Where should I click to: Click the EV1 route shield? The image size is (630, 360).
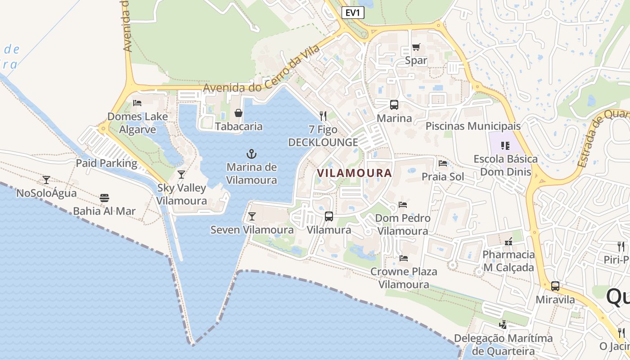[x=353, y=13]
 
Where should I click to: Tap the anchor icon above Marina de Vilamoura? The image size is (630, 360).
[x=252, y=154]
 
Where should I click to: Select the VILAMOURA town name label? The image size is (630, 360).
[x=355, y=173]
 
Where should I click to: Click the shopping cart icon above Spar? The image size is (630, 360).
[x=416, y=47]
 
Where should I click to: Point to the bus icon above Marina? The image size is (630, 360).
[x=394, y=105]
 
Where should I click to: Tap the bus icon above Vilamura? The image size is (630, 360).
[x=329, y=216]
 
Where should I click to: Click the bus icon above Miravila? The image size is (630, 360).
[x=555, y=286]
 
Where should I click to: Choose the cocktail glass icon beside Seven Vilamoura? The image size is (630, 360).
[x=252, y=217]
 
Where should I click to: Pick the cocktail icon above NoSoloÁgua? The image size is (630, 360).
[x=46, y=180]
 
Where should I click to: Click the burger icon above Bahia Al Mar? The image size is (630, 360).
[x=104, y=198]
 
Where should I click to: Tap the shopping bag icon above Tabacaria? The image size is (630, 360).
[x=238, y=113]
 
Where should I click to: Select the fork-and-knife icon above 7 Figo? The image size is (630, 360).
[x=323, y=116]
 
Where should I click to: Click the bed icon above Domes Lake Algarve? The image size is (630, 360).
[x=137, y=103]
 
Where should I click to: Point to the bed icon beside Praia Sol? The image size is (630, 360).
[x=443, y=163]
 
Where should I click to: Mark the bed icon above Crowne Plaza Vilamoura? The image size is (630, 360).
[x=404, y=258]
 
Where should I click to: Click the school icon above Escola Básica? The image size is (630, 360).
[x=505, y=145]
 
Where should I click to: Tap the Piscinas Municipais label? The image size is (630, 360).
[x=473, y=126]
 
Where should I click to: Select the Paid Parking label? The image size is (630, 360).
[x=106, y=163]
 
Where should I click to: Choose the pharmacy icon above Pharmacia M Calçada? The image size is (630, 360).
[x=508, y=242]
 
